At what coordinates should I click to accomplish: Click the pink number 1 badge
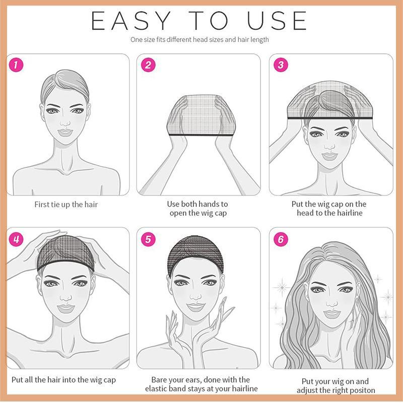(16, 65)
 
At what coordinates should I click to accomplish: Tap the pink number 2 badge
(148, 65)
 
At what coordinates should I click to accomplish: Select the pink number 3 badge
(281, 65)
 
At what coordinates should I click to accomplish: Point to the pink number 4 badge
(16, 239)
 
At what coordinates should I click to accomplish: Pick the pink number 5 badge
(148, 239)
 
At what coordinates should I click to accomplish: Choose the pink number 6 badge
(281, 239)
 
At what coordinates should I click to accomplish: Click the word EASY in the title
(131, 21)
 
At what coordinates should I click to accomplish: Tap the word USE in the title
(277, 21)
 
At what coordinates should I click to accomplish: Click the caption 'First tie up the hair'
(66, 205)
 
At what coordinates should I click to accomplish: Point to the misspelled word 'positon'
(361, 390)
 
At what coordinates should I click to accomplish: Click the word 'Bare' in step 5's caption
(159, 380)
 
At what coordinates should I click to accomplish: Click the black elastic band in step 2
(200, 135)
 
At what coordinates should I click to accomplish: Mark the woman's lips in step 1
(65, 132)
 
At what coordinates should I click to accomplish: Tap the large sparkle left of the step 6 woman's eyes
(282, 287)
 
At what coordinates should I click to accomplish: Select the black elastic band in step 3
(330, 118)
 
